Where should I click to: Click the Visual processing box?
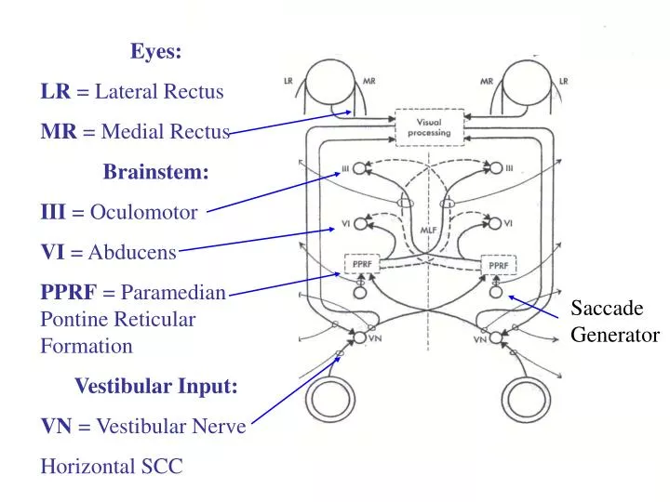pos(429,127)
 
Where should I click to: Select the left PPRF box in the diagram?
pos(360,264)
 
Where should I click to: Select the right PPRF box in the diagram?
pos(497,265)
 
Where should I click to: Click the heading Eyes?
pos(155,52)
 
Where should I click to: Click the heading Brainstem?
pos(155,172)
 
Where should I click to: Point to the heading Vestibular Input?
pos(155,386)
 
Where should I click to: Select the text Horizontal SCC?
pos(112,467)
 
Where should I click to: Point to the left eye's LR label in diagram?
pos(288,81)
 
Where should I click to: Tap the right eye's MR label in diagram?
pos(486,81)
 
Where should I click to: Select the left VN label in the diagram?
pos(376,339)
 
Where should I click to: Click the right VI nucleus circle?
pos(496,223)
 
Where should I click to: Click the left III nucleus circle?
pos(359,168)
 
